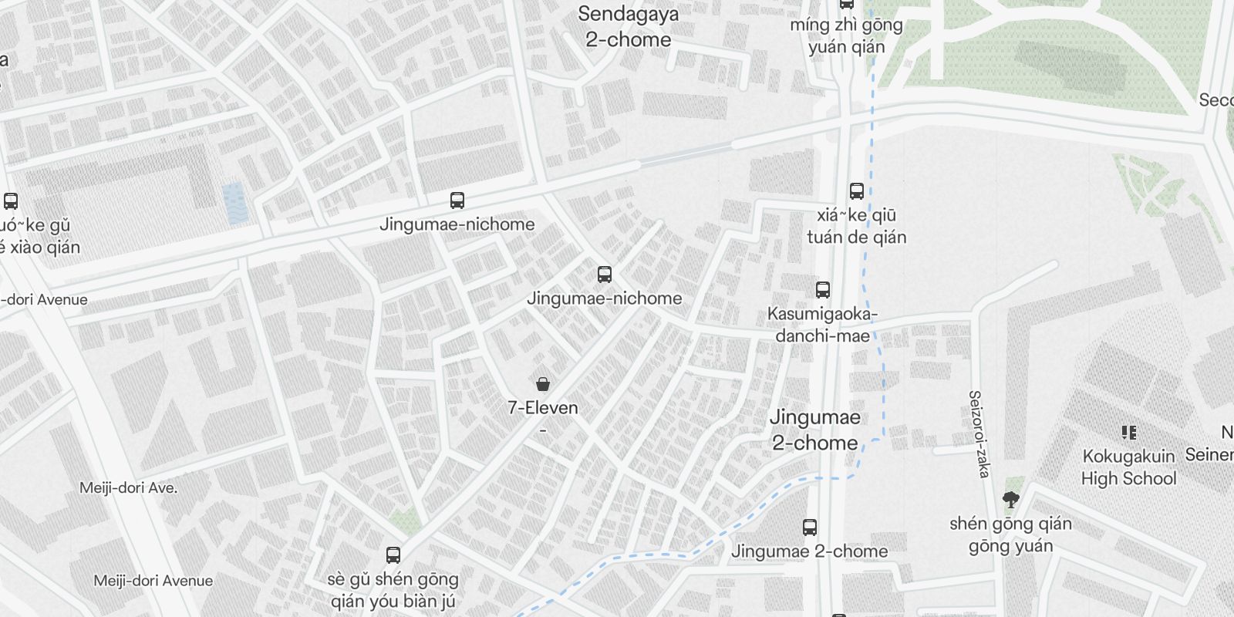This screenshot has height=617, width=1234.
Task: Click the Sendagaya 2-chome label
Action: click(x=628, y=27)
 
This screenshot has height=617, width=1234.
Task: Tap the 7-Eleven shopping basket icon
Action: click(x=543, y=383)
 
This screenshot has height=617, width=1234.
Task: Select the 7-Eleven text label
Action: click(x=543, y=407)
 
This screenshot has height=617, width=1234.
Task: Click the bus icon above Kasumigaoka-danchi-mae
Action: click(x=823, y=290)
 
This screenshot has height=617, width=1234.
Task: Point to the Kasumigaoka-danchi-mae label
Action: click(x=823, y=325)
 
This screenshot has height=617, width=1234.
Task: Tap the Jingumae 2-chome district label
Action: click(x=815, y=430)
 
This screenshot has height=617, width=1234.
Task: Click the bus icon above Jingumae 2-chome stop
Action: click(x=810, y=528)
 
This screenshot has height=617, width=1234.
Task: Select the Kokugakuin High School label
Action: click(x=1128, y=467)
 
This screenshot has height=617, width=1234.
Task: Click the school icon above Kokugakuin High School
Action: click(x=1129, y=433)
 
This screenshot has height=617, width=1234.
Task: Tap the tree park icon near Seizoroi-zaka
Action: click(x=1010, y=500)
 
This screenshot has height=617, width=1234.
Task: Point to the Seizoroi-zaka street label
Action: click(x=978, y=433)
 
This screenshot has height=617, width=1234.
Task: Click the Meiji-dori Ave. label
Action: click(x=128, y=487)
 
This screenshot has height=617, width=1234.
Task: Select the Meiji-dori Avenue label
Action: click(x=153, y=581)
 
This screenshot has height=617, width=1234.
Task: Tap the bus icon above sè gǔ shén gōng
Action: click(x=393, y=555)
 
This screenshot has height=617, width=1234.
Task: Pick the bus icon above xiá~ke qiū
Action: click(x=856, y=191)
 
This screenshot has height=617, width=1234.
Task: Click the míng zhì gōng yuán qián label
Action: click(x=846, y=35)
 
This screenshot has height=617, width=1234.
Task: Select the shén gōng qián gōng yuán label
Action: click(x=1010, y=534)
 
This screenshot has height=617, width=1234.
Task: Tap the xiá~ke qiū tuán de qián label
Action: click(x=856, y=226)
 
